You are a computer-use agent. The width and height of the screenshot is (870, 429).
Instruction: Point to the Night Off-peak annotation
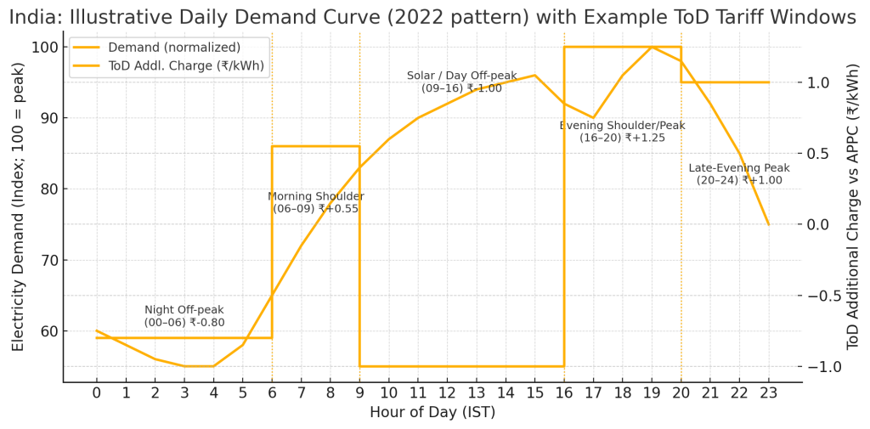point(184,316)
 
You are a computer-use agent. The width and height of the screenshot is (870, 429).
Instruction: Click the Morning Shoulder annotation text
point(316,202)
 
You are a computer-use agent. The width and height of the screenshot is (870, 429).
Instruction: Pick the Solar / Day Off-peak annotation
point(461,82)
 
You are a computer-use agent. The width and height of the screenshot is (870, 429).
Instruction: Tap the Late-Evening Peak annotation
point(739,174)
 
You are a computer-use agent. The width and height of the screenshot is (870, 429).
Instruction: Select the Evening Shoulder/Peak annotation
point(622,131)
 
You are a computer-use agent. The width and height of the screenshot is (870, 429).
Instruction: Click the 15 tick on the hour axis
point(534,393)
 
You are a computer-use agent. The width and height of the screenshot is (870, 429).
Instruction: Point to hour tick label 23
point(768,393)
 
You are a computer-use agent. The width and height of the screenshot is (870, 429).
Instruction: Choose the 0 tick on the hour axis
point(97,393)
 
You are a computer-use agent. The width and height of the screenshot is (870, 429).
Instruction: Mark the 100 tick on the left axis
point(45,48)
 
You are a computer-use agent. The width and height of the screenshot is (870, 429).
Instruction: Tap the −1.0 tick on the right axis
point(820,366)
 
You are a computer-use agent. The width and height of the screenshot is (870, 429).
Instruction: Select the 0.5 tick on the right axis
point(820,153)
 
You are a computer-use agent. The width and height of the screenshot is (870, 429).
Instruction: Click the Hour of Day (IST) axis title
point(432,413)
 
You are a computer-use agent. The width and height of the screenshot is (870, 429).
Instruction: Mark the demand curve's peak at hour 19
point(652,48)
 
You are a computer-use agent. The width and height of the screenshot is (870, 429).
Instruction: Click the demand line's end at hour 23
point(768,224)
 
